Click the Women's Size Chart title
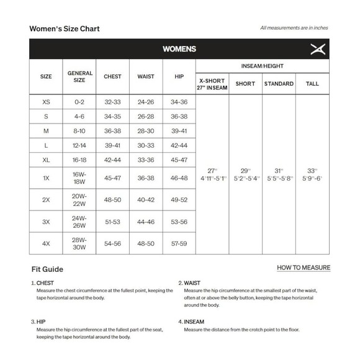(65, 29)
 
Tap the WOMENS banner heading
(179, 48)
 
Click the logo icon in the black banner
(317, 48)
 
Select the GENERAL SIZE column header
(79, 76)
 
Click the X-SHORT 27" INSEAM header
(212, 84)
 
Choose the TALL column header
(313, 83)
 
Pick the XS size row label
(46, 102)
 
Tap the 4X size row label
(46, 243)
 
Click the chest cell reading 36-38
(112, 131)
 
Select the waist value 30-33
(146, 145)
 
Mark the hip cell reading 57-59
(179, 243)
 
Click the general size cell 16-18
(79, 160)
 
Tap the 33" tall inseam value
(312, 170)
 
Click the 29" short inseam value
(246, 170)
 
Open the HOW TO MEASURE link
(304, 268)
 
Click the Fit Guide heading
(47, 269)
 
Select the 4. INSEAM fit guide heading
(196, 322)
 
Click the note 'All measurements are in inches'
(294, 28)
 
